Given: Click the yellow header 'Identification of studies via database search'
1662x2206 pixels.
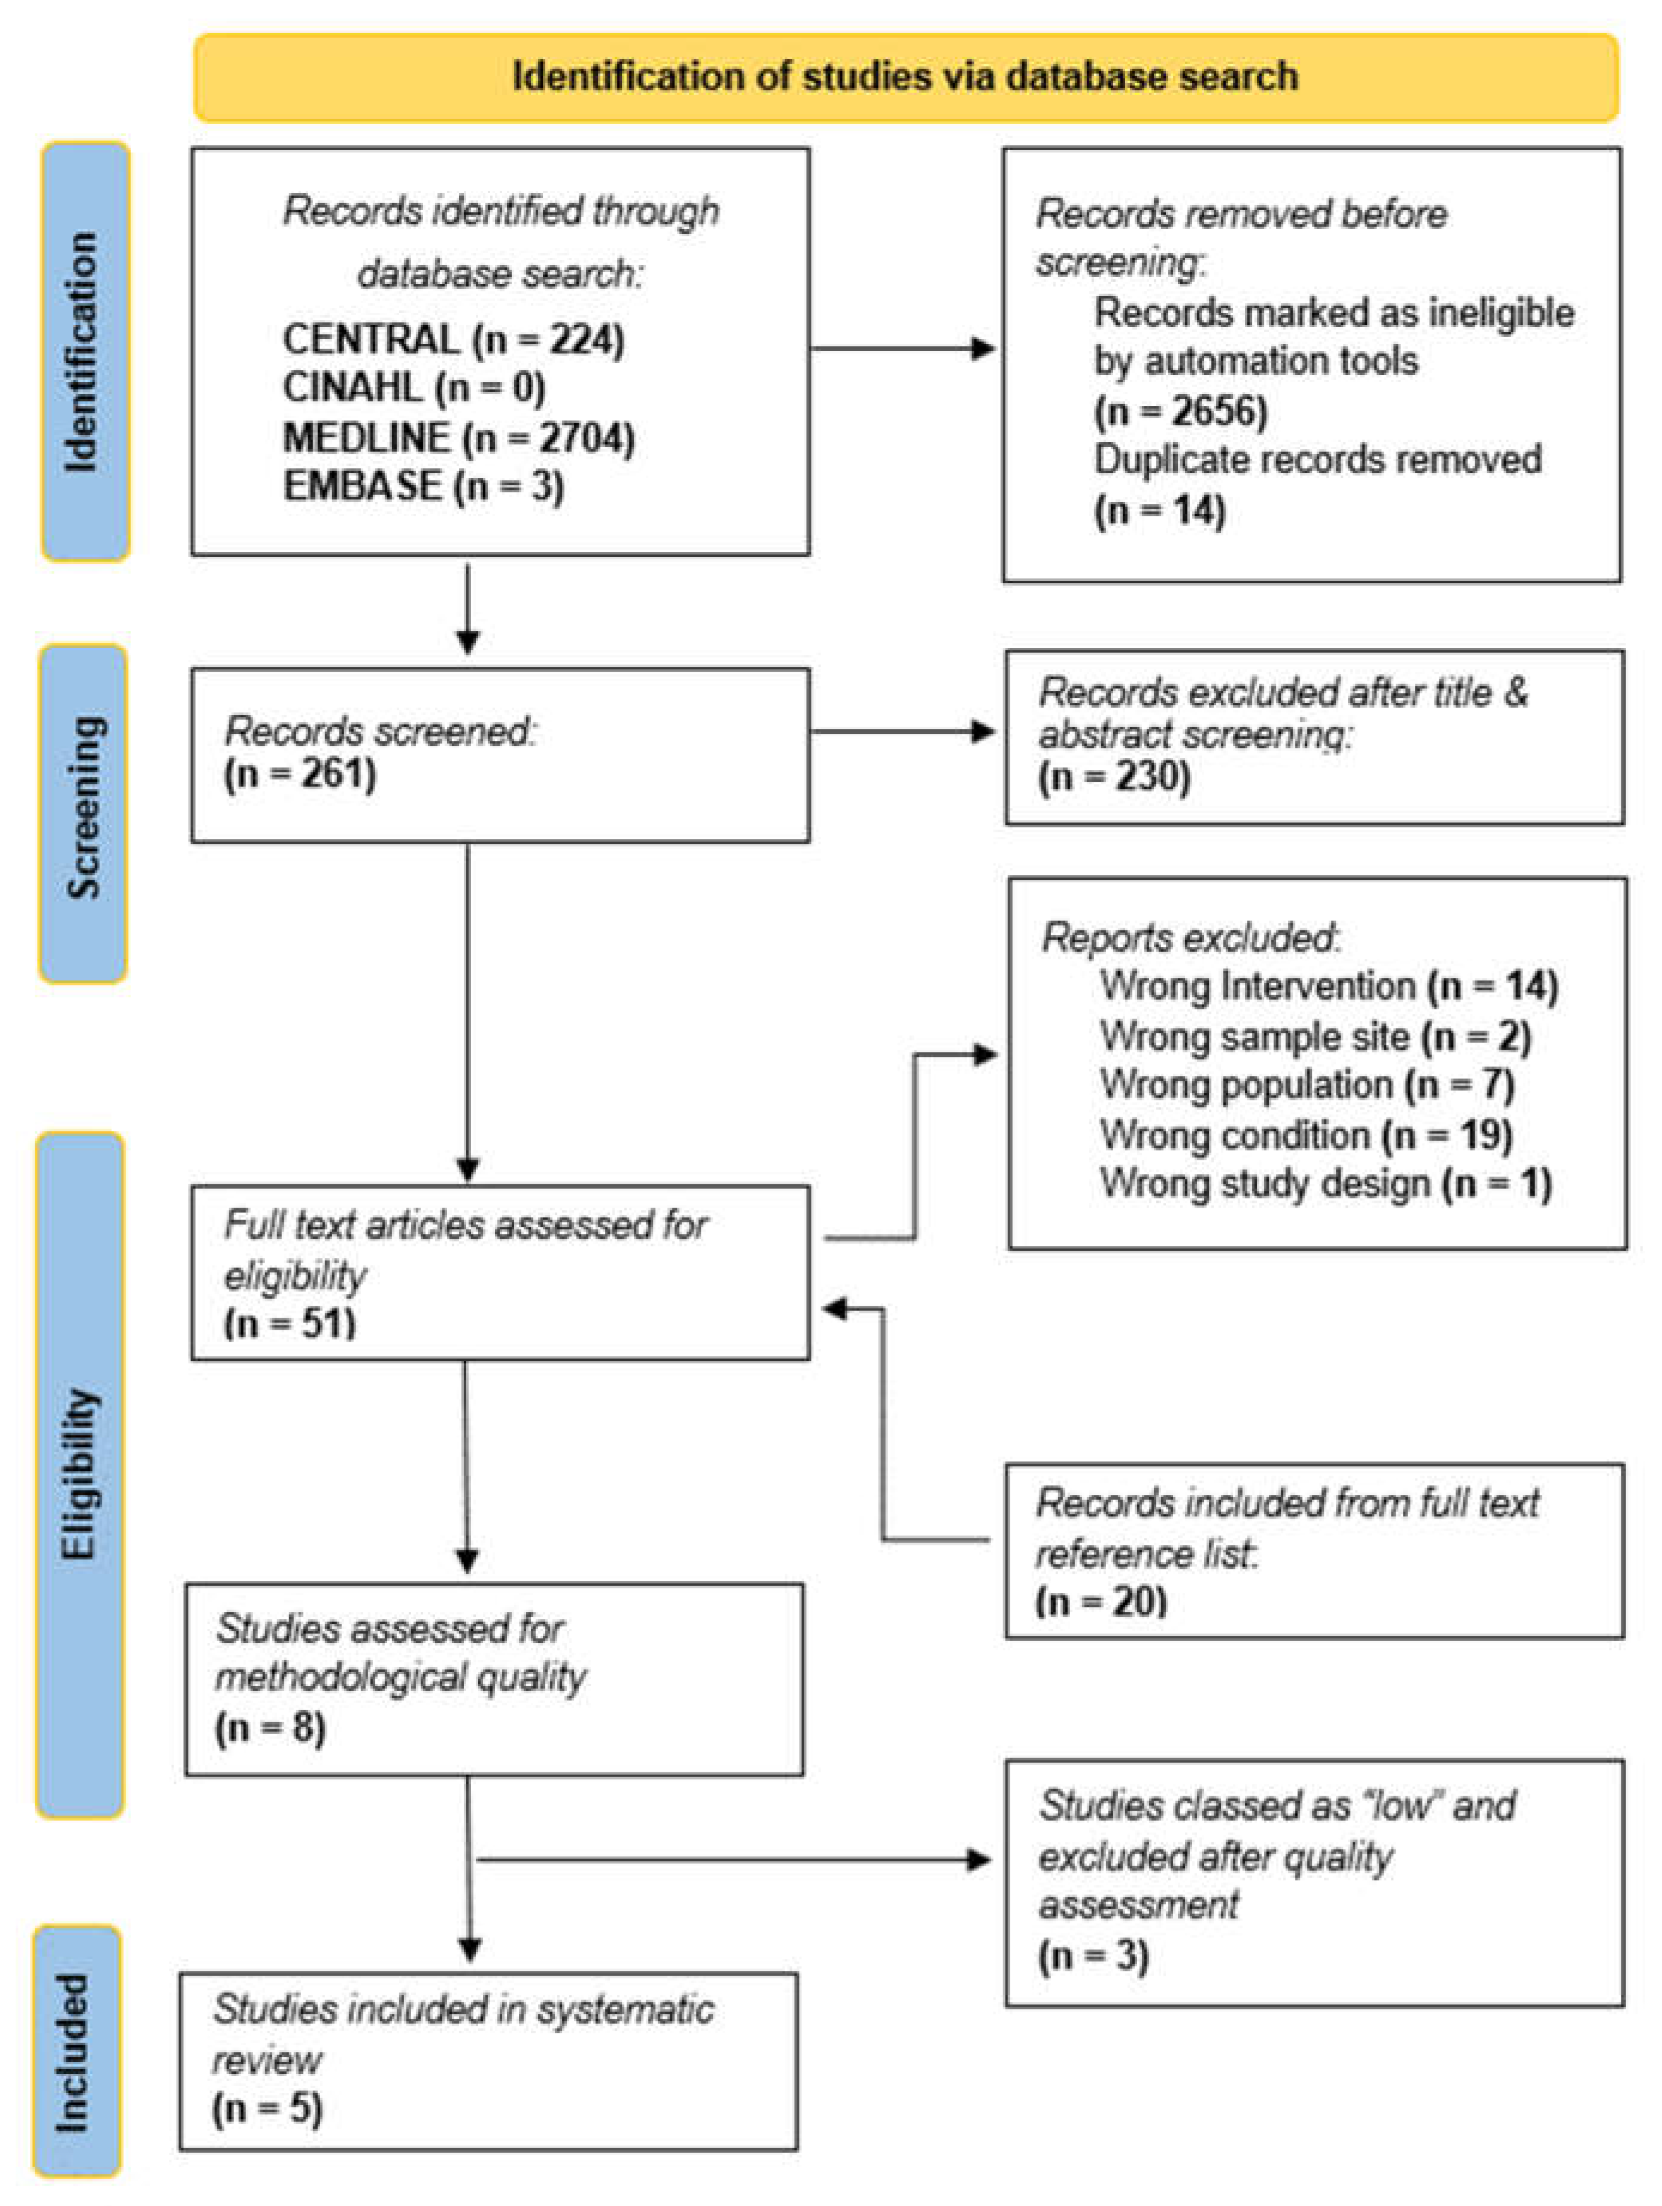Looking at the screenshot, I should click(905, 77).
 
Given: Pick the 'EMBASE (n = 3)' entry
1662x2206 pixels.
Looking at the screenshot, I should click(424, 487).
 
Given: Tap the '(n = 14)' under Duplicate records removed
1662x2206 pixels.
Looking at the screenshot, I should click(1159, 511).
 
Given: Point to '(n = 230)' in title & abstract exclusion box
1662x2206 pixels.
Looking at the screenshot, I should click(1114, 776).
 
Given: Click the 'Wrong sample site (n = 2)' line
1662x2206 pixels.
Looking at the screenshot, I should click(1315, 1037).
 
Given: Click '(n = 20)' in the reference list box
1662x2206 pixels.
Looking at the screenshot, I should click(1101, 1602).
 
